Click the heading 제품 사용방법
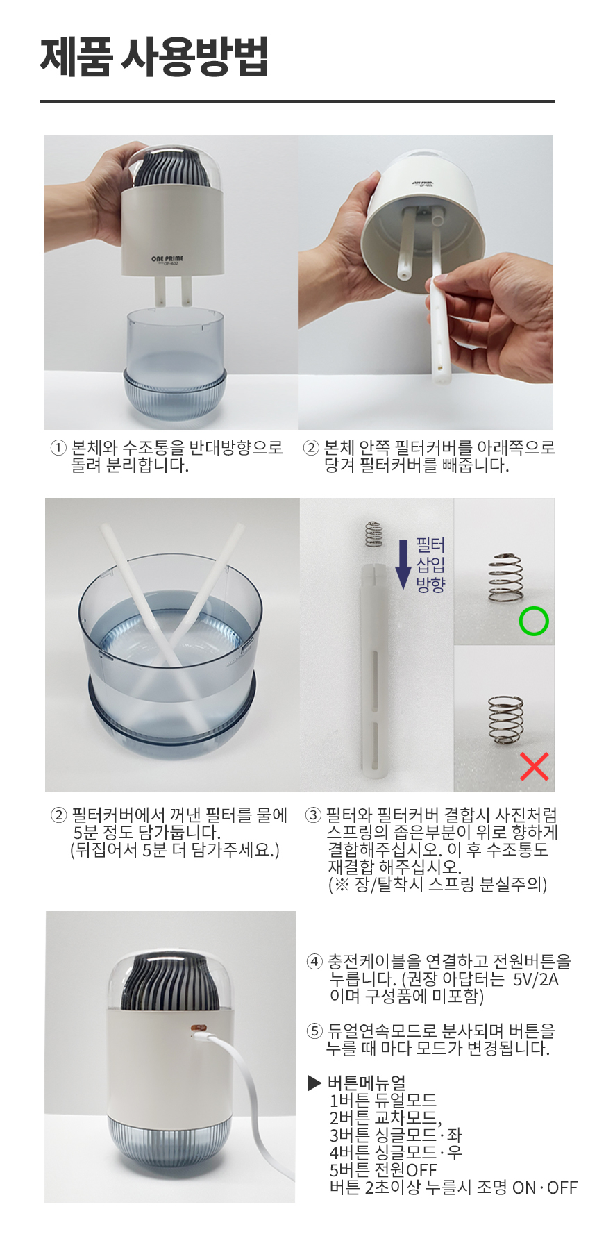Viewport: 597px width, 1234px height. pyautogui.click(x=154, y=57)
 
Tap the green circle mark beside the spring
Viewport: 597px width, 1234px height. pyautogui.click(x=534, y=621)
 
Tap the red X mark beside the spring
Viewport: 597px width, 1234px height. pyautogui.click(x=534, y=766)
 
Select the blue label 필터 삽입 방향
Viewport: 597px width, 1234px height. pyautogui.click(x=430, y=565)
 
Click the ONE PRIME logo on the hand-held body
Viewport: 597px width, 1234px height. pyautogui.click(x=167, y=259)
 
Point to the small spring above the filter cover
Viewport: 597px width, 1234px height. pyautogui.click(x=373, y=533)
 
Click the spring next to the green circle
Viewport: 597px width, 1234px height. pyautogui.click(x=505, y=577)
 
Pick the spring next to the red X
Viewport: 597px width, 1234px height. pyautogui.click(x=505, y=720)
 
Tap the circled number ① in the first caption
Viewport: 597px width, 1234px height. pyautogui.click(x=58, y=448)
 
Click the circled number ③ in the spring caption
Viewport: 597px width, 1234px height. pyautogui.click(x=313, y=815)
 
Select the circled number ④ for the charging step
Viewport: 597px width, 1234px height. pyautogui.click(x=314, y=962)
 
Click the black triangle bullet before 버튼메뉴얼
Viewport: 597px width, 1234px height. pyautogui.click(x=314, y=1083)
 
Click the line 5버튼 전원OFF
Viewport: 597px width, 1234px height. pyautogui.click(x=382, y=1170)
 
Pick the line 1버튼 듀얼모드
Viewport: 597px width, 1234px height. pyautogui.click(x=382, y=1101)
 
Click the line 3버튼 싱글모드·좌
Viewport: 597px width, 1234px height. pyautogui.click(x=395, y=1135)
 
